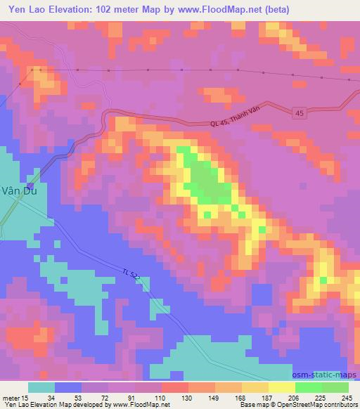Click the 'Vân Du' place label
14,198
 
